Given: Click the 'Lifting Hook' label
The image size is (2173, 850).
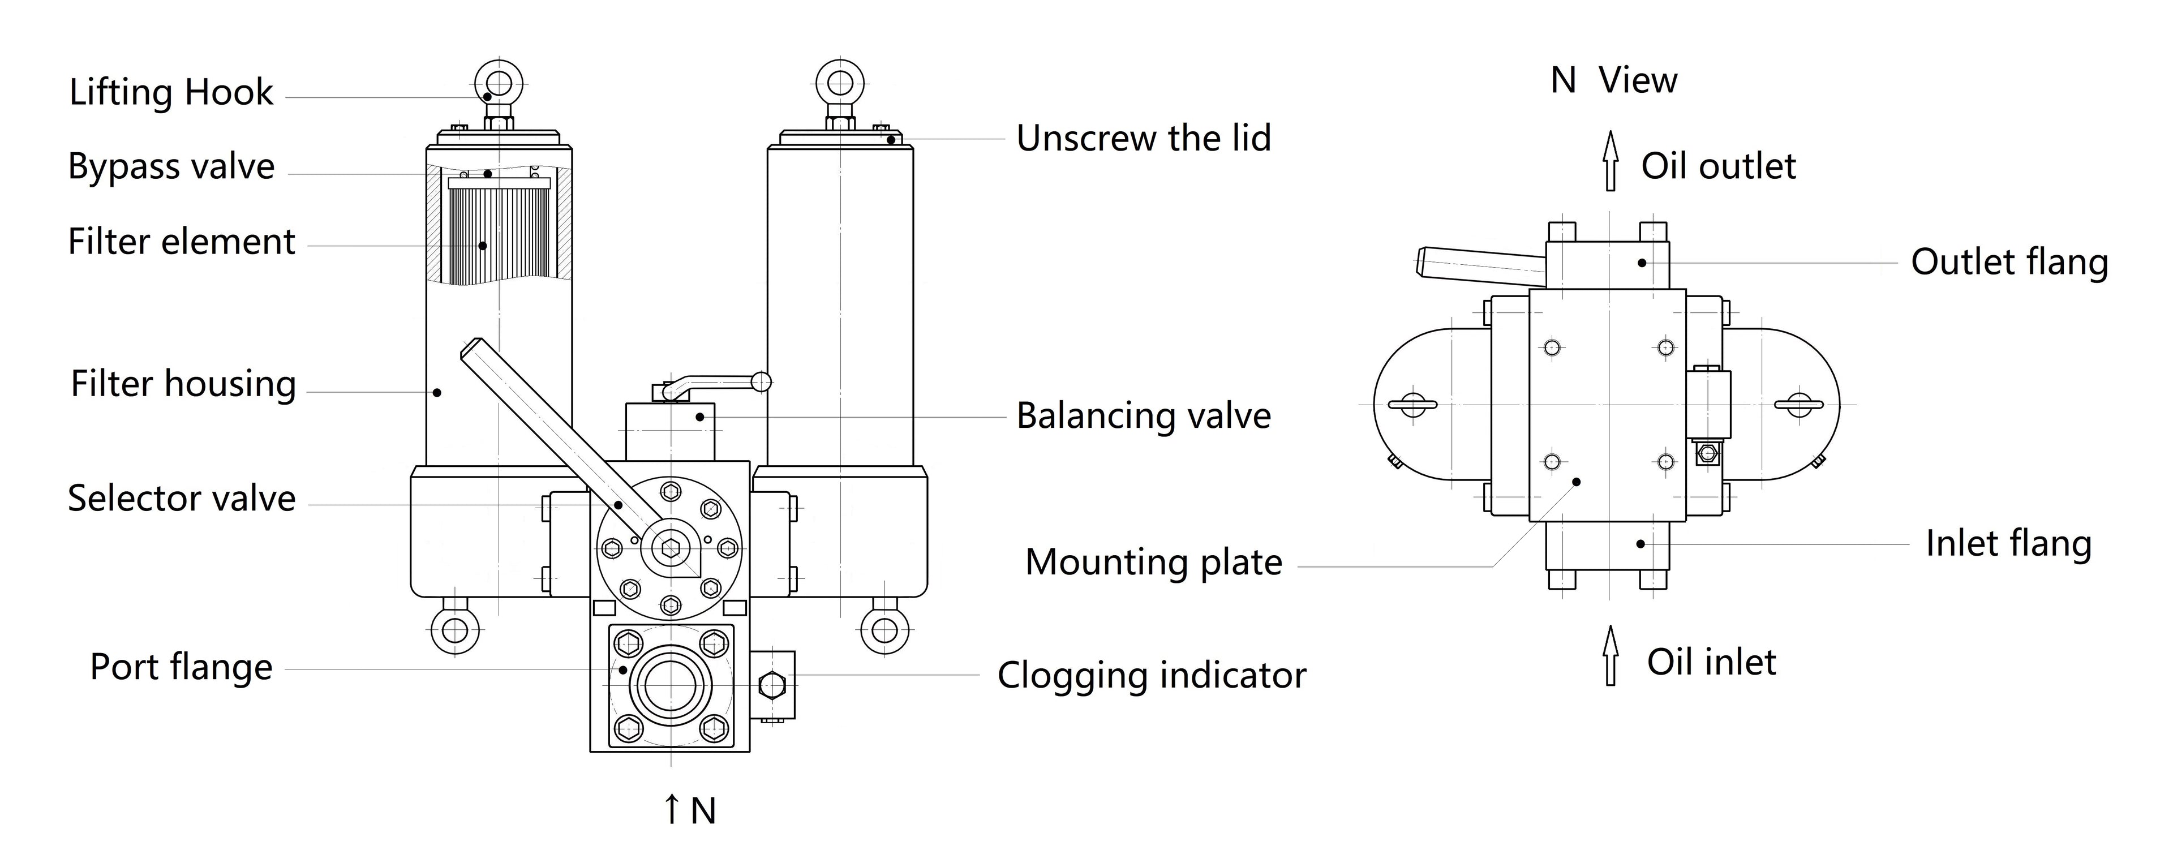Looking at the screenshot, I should [171, 92].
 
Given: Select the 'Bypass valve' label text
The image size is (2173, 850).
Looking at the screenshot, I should [171, 167].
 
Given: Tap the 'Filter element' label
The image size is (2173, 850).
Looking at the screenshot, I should [181, 242].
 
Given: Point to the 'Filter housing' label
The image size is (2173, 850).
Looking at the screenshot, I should [183, 384].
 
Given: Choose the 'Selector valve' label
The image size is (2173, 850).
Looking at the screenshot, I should [181, 499].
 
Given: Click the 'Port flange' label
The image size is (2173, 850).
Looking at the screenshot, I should [181, 667].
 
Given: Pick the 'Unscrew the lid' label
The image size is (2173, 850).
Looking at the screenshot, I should [1143, 138].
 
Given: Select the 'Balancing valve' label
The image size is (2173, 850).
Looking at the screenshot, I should [1143, 416].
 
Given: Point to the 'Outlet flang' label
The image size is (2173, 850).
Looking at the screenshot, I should [2008, 262].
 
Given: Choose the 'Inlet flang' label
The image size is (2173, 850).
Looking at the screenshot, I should [2008, 544].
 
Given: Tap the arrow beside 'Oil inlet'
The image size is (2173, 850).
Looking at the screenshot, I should [1611, 655].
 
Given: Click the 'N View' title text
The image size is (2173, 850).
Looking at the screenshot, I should [1613, 81].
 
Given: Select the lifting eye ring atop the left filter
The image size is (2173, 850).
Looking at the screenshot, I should [499, 83].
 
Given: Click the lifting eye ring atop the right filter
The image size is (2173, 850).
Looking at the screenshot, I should [840, 83].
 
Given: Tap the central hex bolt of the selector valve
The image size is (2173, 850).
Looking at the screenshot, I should [671, 549].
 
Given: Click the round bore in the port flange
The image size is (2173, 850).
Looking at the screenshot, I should [671, 685].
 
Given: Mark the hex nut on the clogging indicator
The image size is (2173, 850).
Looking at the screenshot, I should [772, 685].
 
